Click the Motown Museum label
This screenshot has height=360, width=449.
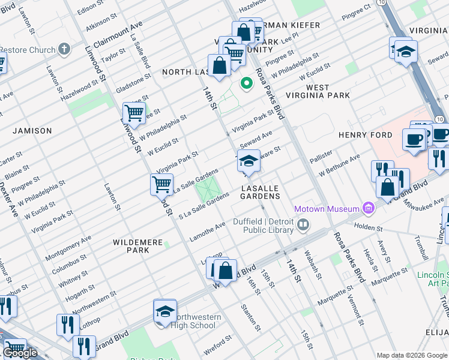coord(327,209)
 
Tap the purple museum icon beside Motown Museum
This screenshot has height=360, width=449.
coord(368,209)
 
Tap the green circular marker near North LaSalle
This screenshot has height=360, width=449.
coord(246,83)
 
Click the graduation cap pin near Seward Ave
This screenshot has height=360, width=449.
coord(249,161)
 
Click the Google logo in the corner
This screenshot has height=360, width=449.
coord(20,353)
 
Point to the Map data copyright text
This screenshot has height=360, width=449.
coord(412,355)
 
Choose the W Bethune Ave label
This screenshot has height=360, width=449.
coord(339,166)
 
